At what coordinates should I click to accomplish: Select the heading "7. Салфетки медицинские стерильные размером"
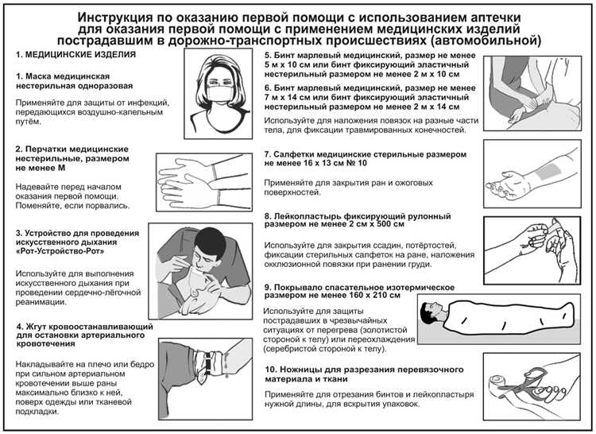coord(370,153)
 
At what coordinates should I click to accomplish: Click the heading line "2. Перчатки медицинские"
coord(72,149)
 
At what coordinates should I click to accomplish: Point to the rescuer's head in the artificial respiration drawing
coord(211,242)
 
